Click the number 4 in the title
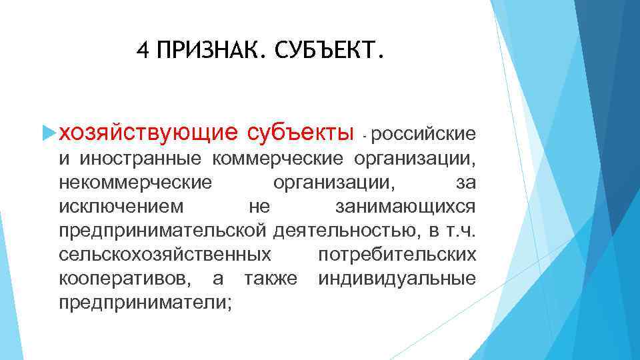point(141,50)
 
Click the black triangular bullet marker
point(47,134)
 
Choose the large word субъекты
point(300,133)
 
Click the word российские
point(424,135)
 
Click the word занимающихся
point(405,206)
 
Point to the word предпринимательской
point(163,230)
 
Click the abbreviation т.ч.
point(460,230)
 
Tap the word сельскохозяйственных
point(165,254)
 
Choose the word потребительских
point(397,254)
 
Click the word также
point(271,278)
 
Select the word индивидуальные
point(397,278)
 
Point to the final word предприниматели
point(145,302)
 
